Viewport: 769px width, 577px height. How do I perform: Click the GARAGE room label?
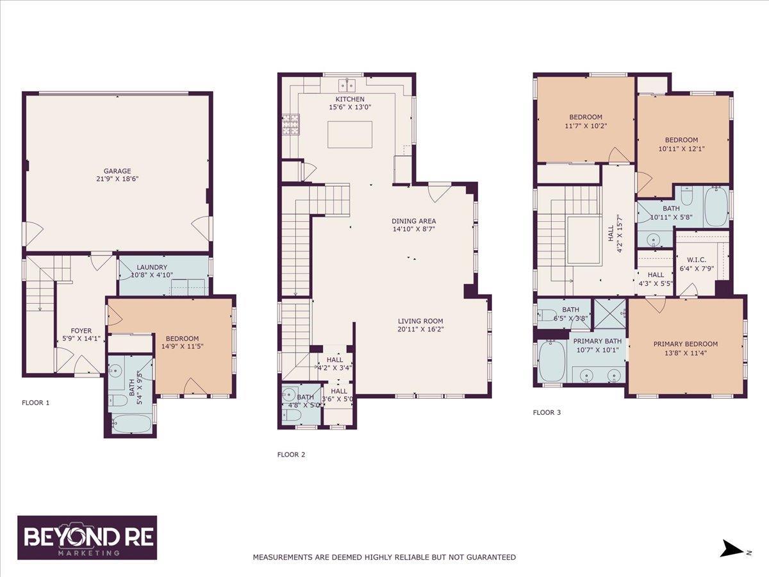click(117, 171)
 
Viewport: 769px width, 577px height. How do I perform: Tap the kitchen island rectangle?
click(350, 135)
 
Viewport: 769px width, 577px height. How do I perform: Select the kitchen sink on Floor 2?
click(347, 85)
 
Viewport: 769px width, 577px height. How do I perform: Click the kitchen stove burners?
click(291, 125)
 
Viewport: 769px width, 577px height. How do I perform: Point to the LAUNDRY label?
click(152, 267)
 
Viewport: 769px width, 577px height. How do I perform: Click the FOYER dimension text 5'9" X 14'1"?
click(81, 339)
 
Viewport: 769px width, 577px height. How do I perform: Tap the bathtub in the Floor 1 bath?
click(131, 424)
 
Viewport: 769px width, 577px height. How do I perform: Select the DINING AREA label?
click(414, 221)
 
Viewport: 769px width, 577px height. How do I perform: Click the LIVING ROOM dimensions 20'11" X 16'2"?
click(421, 330)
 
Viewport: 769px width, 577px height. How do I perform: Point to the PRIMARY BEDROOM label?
click(686, 344)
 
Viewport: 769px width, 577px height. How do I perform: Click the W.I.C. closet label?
click(697, 260)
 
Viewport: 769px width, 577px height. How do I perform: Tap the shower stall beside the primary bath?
click(610, 314)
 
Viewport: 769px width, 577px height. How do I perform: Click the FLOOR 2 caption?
click(291, 455)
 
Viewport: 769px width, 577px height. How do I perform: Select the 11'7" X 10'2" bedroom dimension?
click(586, 126)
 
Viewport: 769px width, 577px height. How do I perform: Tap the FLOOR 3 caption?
click(547, 413)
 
